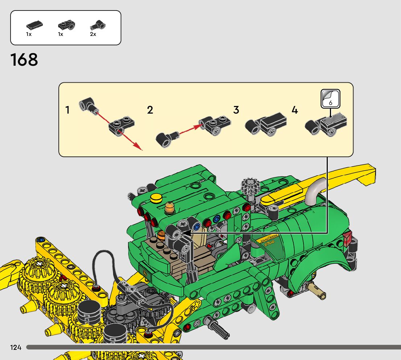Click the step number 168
[24, 60]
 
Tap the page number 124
[16, 347]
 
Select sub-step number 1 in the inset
[67, 110]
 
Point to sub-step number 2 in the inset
[150, 110]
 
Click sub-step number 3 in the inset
[236, 110]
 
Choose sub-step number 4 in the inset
[295, 110]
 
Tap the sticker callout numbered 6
[330, 99]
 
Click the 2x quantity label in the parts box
[93, 34]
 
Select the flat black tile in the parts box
[34, 25]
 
